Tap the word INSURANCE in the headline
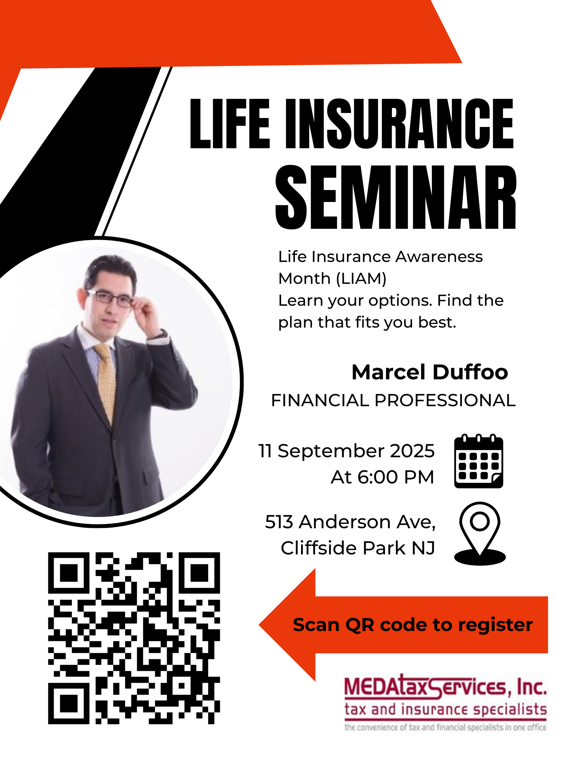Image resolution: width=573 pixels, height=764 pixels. [x=400, y=124]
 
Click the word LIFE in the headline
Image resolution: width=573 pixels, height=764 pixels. [x=230, y=124]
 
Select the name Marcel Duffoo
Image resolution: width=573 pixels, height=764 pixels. [x=430, y=372]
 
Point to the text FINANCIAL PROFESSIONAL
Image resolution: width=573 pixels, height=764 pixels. [x=393, y=400]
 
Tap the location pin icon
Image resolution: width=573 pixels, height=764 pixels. [x=480, y=533]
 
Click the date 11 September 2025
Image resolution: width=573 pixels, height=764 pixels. [x=347, y=451]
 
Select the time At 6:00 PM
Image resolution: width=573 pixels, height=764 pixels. [x=382, y=477]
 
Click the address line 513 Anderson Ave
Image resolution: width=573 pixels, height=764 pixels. [x=350, y=522]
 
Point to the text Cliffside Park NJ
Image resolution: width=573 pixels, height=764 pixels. [x=357, y=548]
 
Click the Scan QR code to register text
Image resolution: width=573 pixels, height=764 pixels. [x=413, y=625]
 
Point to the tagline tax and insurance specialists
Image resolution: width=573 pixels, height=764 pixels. [x=446, y=709]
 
